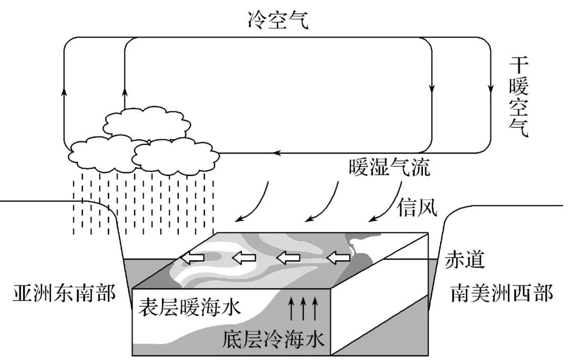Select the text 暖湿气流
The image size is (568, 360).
click(390, 168)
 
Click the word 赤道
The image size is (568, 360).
click(464, 259)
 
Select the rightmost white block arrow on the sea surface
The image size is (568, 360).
click(338, 258)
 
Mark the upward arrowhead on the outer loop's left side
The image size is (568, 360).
click(64, 92)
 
